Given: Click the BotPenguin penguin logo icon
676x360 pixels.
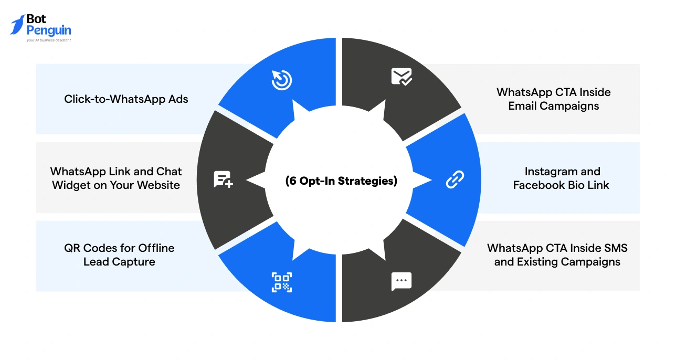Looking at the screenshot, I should [17, 24].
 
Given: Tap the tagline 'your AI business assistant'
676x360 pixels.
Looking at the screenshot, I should [49, 40].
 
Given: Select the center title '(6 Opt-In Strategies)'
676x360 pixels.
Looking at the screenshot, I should [341, 181].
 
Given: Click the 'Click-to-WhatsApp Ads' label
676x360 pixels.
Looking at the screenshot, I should [126, 99].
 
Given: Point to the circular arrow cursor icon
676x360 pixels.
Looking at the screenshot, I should [282, 80].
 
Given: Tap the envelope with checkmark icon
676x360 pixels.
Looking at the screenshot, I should [402, 77].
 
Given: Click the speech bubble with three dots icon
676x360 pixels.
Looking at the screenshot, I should [402, 281].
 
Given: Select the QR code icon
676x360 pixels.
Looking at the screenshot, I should [282, 282].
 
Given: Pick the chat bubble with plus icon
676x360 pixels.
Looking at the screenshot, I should [223, 179].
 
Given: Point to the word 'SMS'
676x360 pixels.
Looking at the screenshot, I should [615, 248].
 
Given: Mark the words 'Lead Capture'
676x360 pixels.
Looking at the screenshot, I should [119, 261].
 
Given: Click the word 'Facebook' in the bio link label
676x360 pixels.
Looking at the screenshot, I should [537, 185].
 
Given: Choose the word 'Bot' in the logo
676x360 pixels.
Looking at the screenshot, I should [36, 19].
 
